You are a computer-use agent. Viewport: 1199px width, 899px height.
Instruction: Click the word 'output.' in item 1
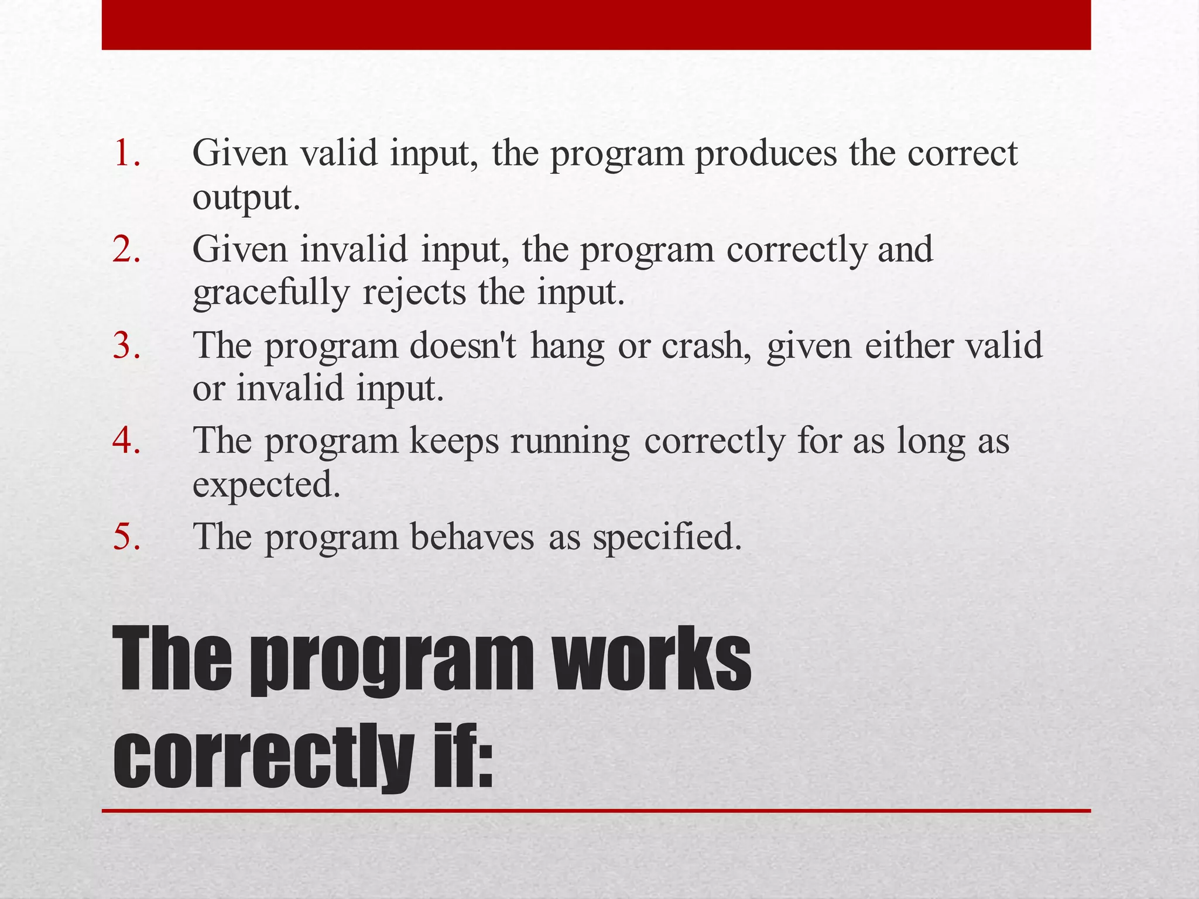(x=246, y=198)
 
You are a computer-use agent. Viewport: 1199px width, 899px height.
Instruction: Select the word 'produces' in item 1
(x=766, y=154)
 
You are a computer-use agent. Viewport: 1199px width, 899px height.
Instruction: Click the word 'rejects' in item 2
(x=414, y=293)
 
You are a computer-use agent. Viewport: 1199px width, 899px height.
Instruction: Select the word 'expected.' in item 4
(x=266, y=485)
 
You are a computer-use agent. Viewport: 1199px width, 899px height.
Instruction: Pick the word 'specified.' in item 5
(x=667, y=537)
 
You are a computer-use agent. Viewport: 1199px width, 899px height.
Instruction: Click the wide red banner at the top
(x=596, y=25)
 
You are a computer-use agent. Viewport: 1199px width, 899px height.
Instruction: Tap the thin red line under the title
(x=596, y=811)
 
